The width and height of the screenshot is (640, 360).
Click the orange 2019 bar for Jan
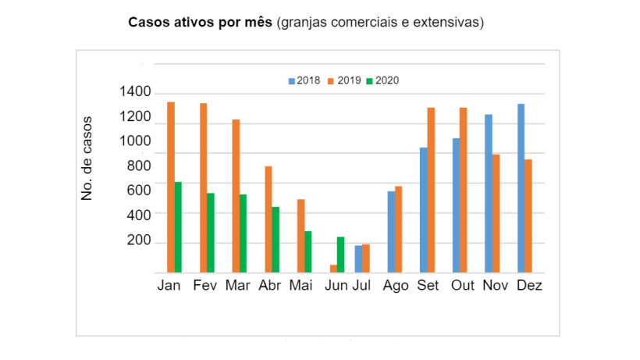pyautogui.click(x=170, y=187)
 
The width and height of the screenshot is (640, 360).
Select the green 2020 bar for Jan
pyautogui.click(x=178, y=227)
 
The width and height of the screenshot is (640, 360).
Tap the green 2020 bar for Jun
pyautogui.click(x=340, y=255)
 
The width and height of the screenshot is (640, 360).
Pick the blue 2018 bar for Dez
pyautogui.click(x=521, y=188)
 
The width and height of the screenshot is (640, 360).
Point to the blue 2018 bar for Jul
pyautogui.click(x=358, y=259)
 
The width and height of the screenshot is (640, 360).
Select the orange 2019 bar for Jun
pyautogui.click(x=333, y=269)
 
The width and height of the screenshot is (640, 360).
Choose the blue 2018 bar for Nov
pyautogui.click(x=488, y=194)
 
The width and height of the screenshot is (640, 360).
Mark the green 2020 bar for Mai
pyautogui.click(x=308, y=251)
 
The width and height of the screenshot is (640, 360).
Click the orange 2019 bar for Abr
pyautogui.click(x=268, y=219)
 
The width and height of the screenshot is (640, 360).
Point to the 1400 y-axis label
pyautogui.click(x=135, y=92)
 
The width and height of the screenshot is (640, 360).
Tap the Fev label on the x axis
pyautogui.click(x=205, y=285)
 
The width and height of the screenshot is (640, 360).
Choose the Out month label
pyautogui.click(x=463, y=285)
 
